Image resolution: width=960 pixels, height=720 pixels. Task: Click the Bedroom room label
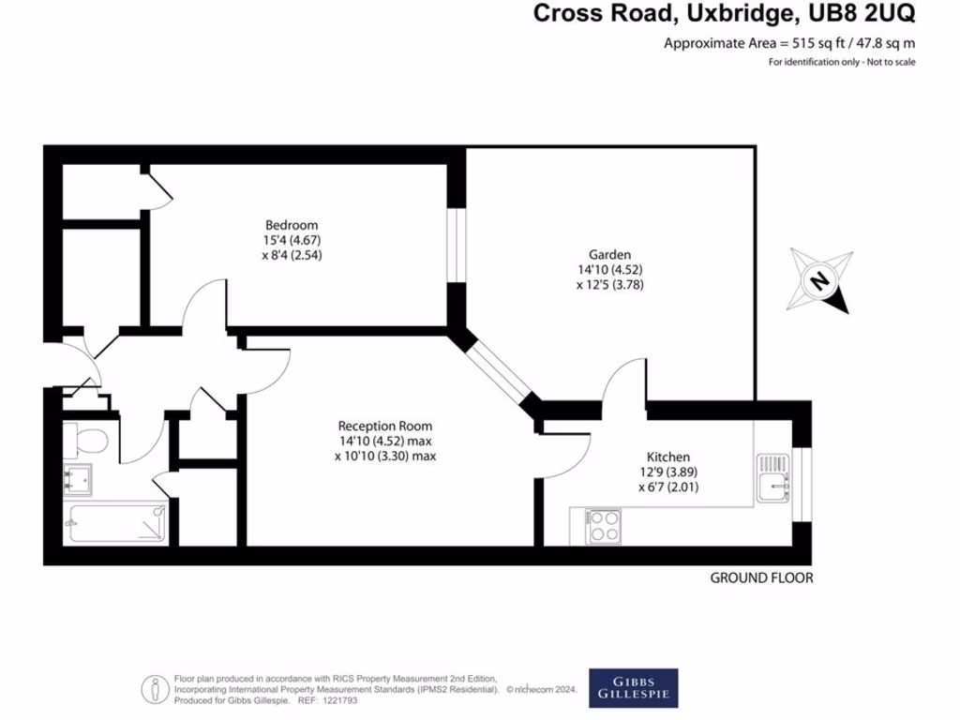(x=292, y=225)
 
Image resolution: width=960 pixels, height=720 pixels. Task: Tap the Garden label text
(x=609, y=254)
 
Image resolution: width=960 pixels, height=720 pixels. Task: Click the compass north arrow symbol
(x=820, y=280)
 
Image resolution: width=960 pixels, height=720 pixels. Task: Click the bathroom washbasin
(x=78, y=479)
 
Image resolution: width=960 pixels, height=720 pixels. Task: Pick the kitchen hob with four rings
(x=603, y=526)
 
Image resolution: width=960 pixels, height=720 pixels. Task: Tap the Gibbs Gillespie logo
(x=634, y=687)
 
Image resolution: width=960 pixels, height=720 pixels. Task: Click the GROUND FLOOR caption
(x=760, y=578)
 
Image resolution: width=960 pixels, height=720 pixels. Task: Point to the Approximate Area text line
(x=789, y=43)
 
